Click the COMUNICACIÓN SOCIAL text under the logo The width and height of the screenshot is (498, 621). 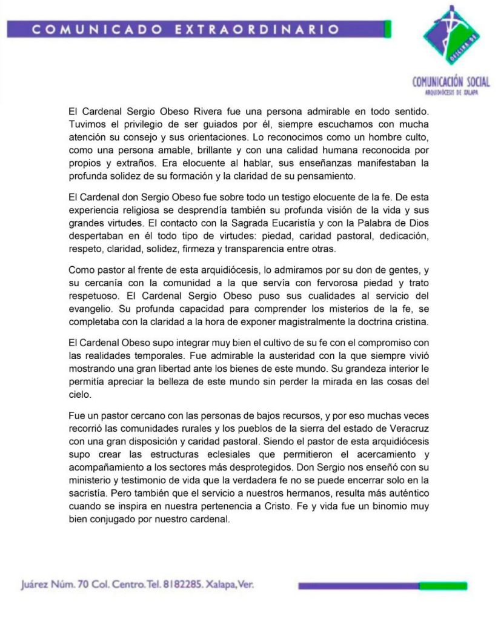tap(451, 82)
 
